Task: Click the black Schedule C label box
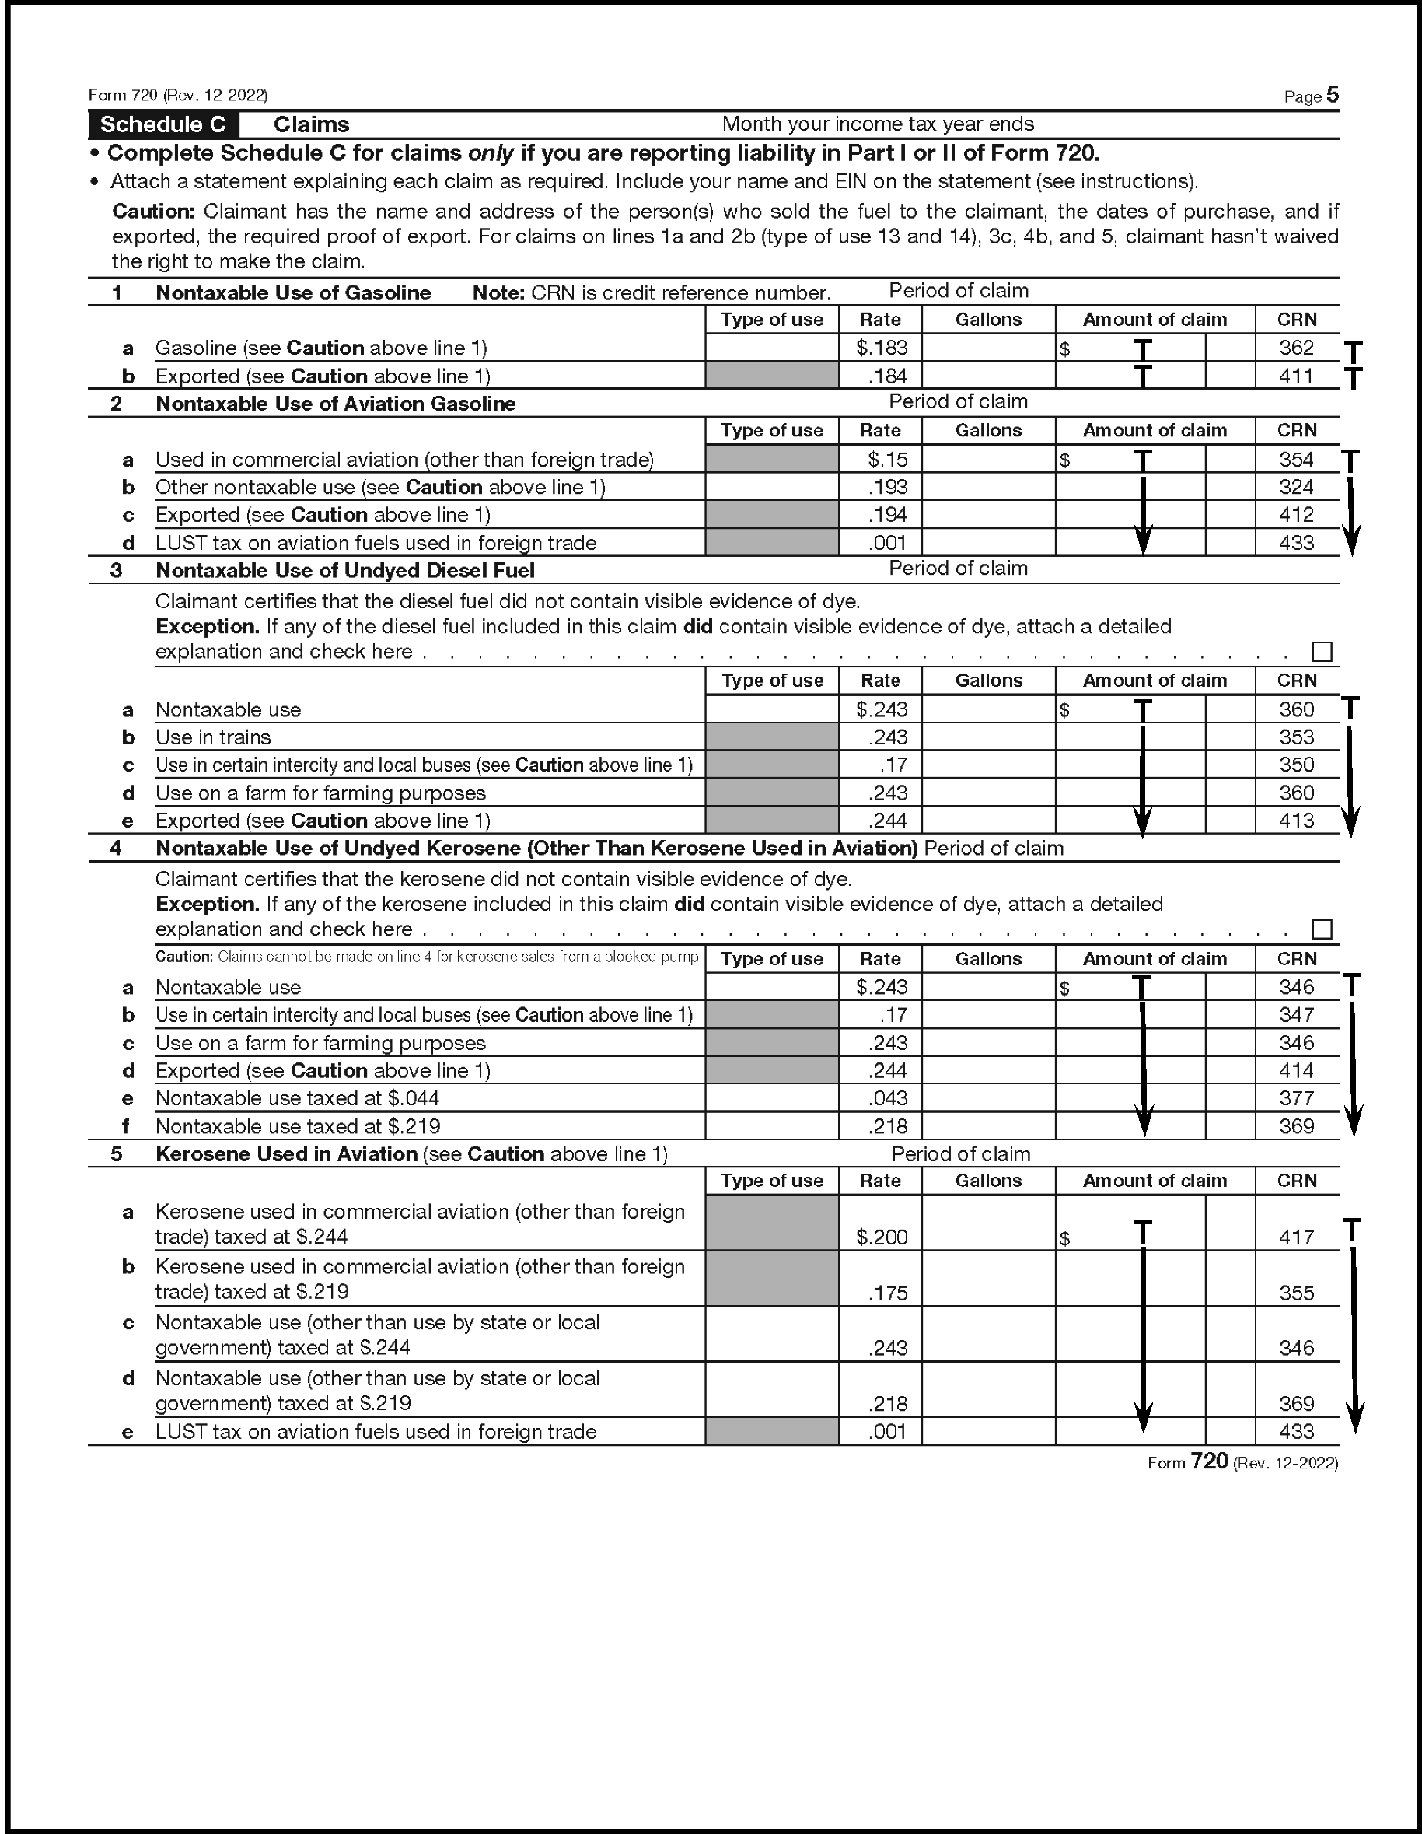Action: tap(162, 124)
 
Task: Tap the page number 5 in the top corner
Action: tap(1332, 95)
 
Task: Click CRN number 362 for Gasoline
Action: tap(1296, 348)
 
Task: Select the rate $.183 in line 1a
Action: tap(882, 348)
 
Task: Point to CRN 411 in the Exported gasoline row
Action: tap(1296, 376)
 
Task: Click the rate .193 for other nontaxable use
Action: tap(888, 487)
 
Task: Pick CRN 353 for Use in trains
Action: tap(1296, 737)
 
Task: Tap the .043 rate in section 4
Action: tap(888, 1098)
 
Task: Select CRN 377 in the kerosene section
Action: tap(1296, 1098)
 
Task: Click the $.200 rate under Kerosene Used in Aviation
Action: tap(882, 1237)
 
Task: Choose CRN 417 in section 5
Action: tap(1296, 1237)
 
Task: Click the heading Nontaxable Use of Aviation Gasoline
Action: tap(336, 404)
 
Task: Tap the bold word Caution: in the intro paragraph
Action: tap(154, 212)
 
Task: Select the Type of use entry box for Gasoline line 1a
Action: tap(771, 348)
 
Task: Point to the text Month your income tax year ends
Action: tap(877, 124)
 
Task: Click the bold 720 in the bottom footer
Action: tap(1209, 1462)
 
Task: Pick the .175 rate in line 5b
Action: tap(888, 1293)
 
